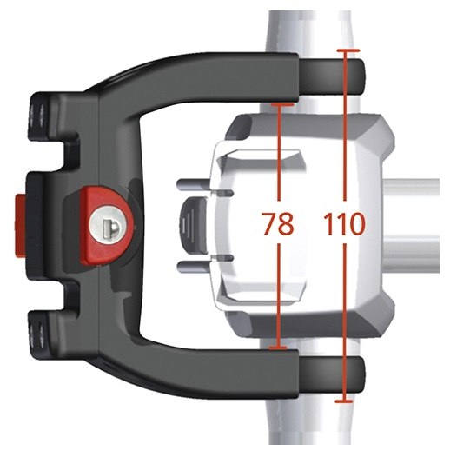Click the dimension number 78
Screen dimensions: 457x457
pyautogui.click(x=278, y=223)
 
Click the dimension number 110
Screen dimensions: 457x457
pyautogui.click(x=344, y=224)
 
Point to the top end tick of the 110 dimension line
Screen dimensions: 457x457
pyautogui.click(x=348, y=50)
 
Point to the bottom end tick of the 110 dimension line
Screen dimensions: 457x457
pyautogui.click(x=344, y=401)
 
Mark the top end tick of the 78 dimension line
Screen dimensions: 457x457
pyautogui.click(x=282, y=103)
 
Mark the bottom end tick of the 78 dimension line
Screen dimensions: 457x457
pyautogui.click(x=278, y=348)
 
